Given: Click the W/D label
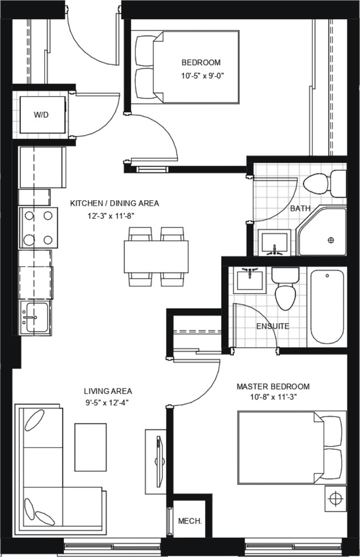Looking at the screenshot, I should coord(41,115).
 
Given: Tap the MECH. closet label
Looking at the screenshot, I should coord(190,520).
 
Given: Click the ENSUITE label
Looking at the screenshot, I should coord(272,326).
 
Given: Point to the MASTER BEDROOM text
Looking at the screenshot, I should coord(273,386).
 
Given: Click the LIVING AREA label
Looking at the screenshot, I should coord(107,390).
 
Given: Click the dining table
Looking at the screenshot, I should coord(156,256).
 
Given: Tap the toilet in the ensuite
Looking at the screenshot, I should coord(285,290).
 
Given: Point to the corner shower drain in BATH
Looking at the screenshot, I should coord(332,240).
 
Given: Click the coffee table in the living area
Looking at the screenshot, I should coord(91,447).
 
